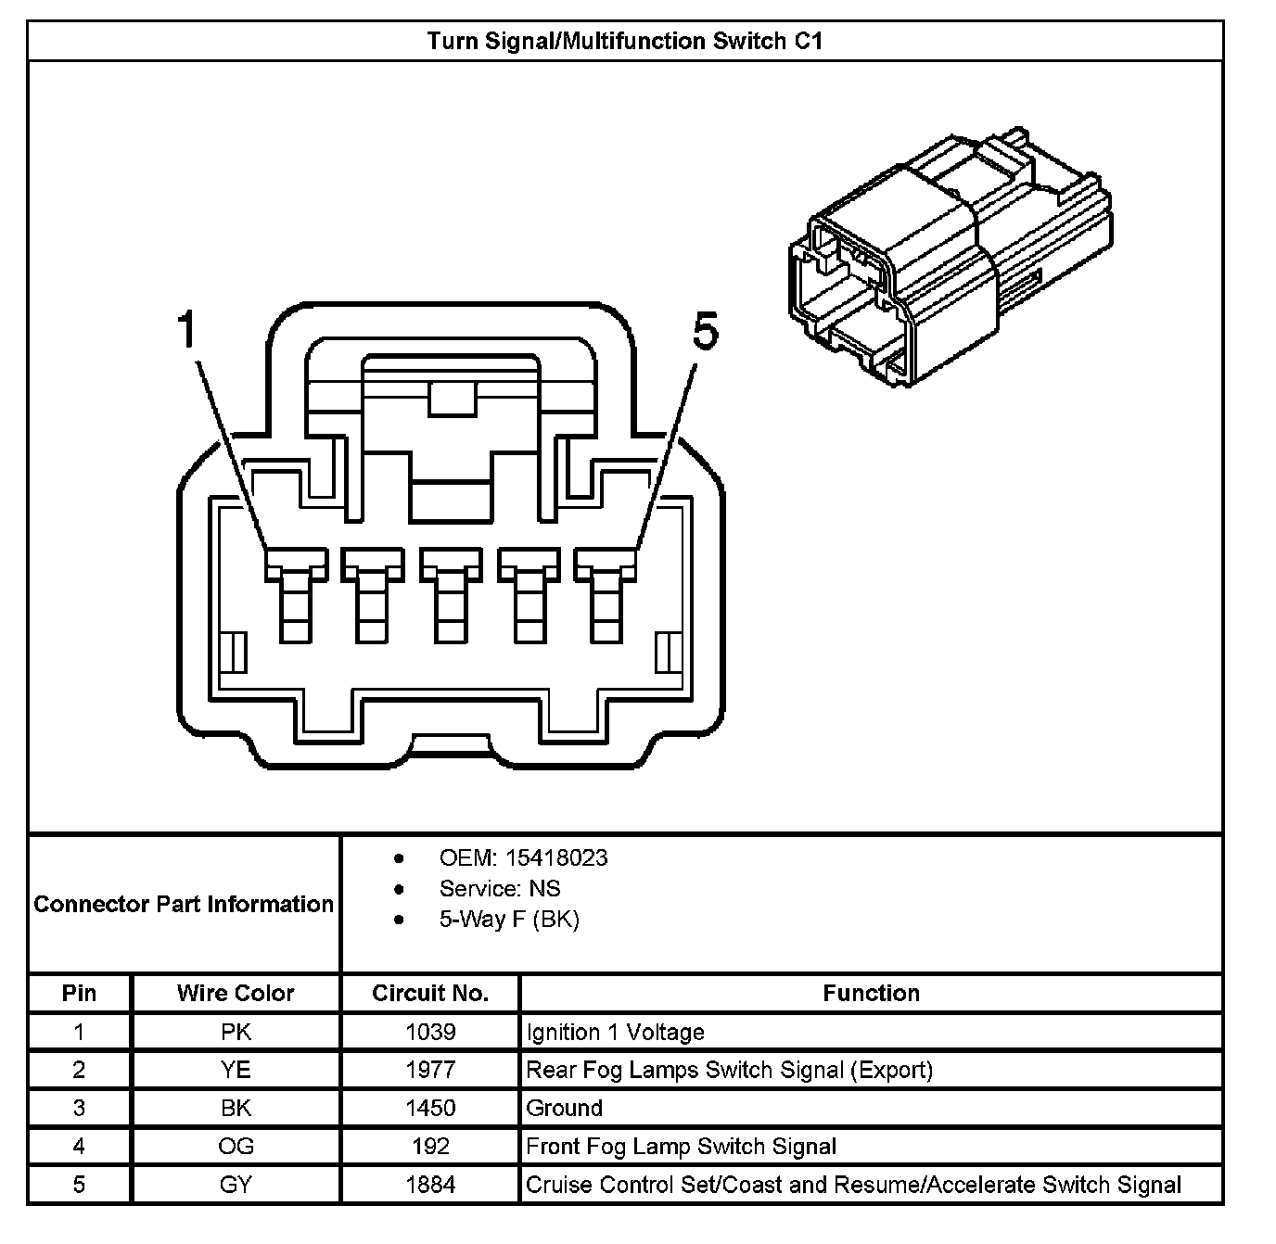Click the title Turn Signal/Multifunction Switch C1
[624, 42]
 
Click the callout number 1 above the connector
[188, 330]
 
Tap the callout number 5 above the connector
[706, 332]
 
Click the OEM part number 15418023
[568, 857]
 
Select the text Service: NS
[500, 889]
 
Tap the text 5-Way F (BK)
[509, 920]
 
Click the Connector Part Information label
[184, 904]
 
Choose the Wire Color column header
[236, 993]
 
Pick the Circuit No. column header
[430, 993]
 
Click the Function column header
[871, 993]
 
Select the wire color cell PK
[236, 1032]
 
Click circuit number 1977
[430, 1070]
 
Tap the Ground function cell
[565, 1108]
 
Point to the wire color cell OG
[236, 1147]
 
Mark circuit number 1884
[430, 1185]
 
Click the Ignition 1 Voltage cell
[616, 1032]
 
